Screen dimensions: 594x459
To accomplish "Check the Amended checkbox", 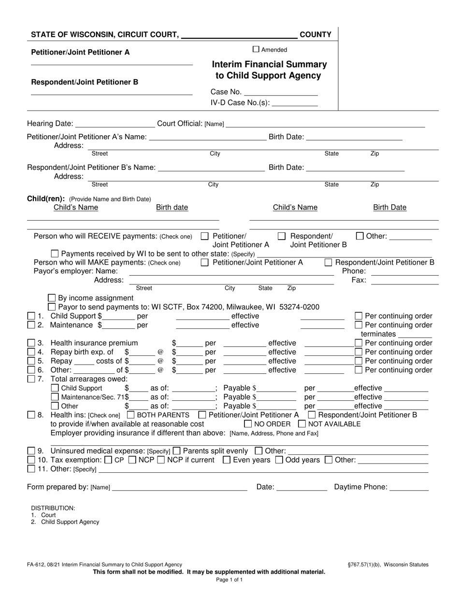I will pos(257,49).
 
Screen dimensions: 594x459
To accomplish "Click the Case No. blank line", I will pos(281,92).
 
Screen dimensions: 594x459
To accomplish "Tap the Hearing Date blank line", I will pos(115,124).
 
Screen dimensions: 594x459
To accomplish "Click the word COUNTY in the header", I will pos(316,35).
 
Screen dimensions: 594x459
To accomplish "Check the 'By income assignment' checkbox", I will pos(53,298).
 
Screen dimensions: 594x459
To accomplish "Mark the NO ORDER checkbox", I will pos(248,424).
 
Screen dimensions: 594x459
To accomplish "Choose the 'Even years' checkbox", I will pos(226,460).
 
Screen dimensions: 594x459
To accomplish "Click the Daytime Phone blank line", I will pos(409,488).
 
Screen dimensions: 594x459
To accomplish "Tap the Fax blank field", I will pos(404,281).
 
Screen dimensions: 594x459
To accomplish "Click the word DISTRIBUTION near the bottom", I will pos(53,508).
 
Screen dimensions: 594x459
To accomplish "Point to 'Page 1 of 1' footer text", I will pos(229,580).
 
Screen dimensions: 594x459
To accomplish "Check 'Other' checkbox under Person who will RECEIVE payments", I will pos(359,236).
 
